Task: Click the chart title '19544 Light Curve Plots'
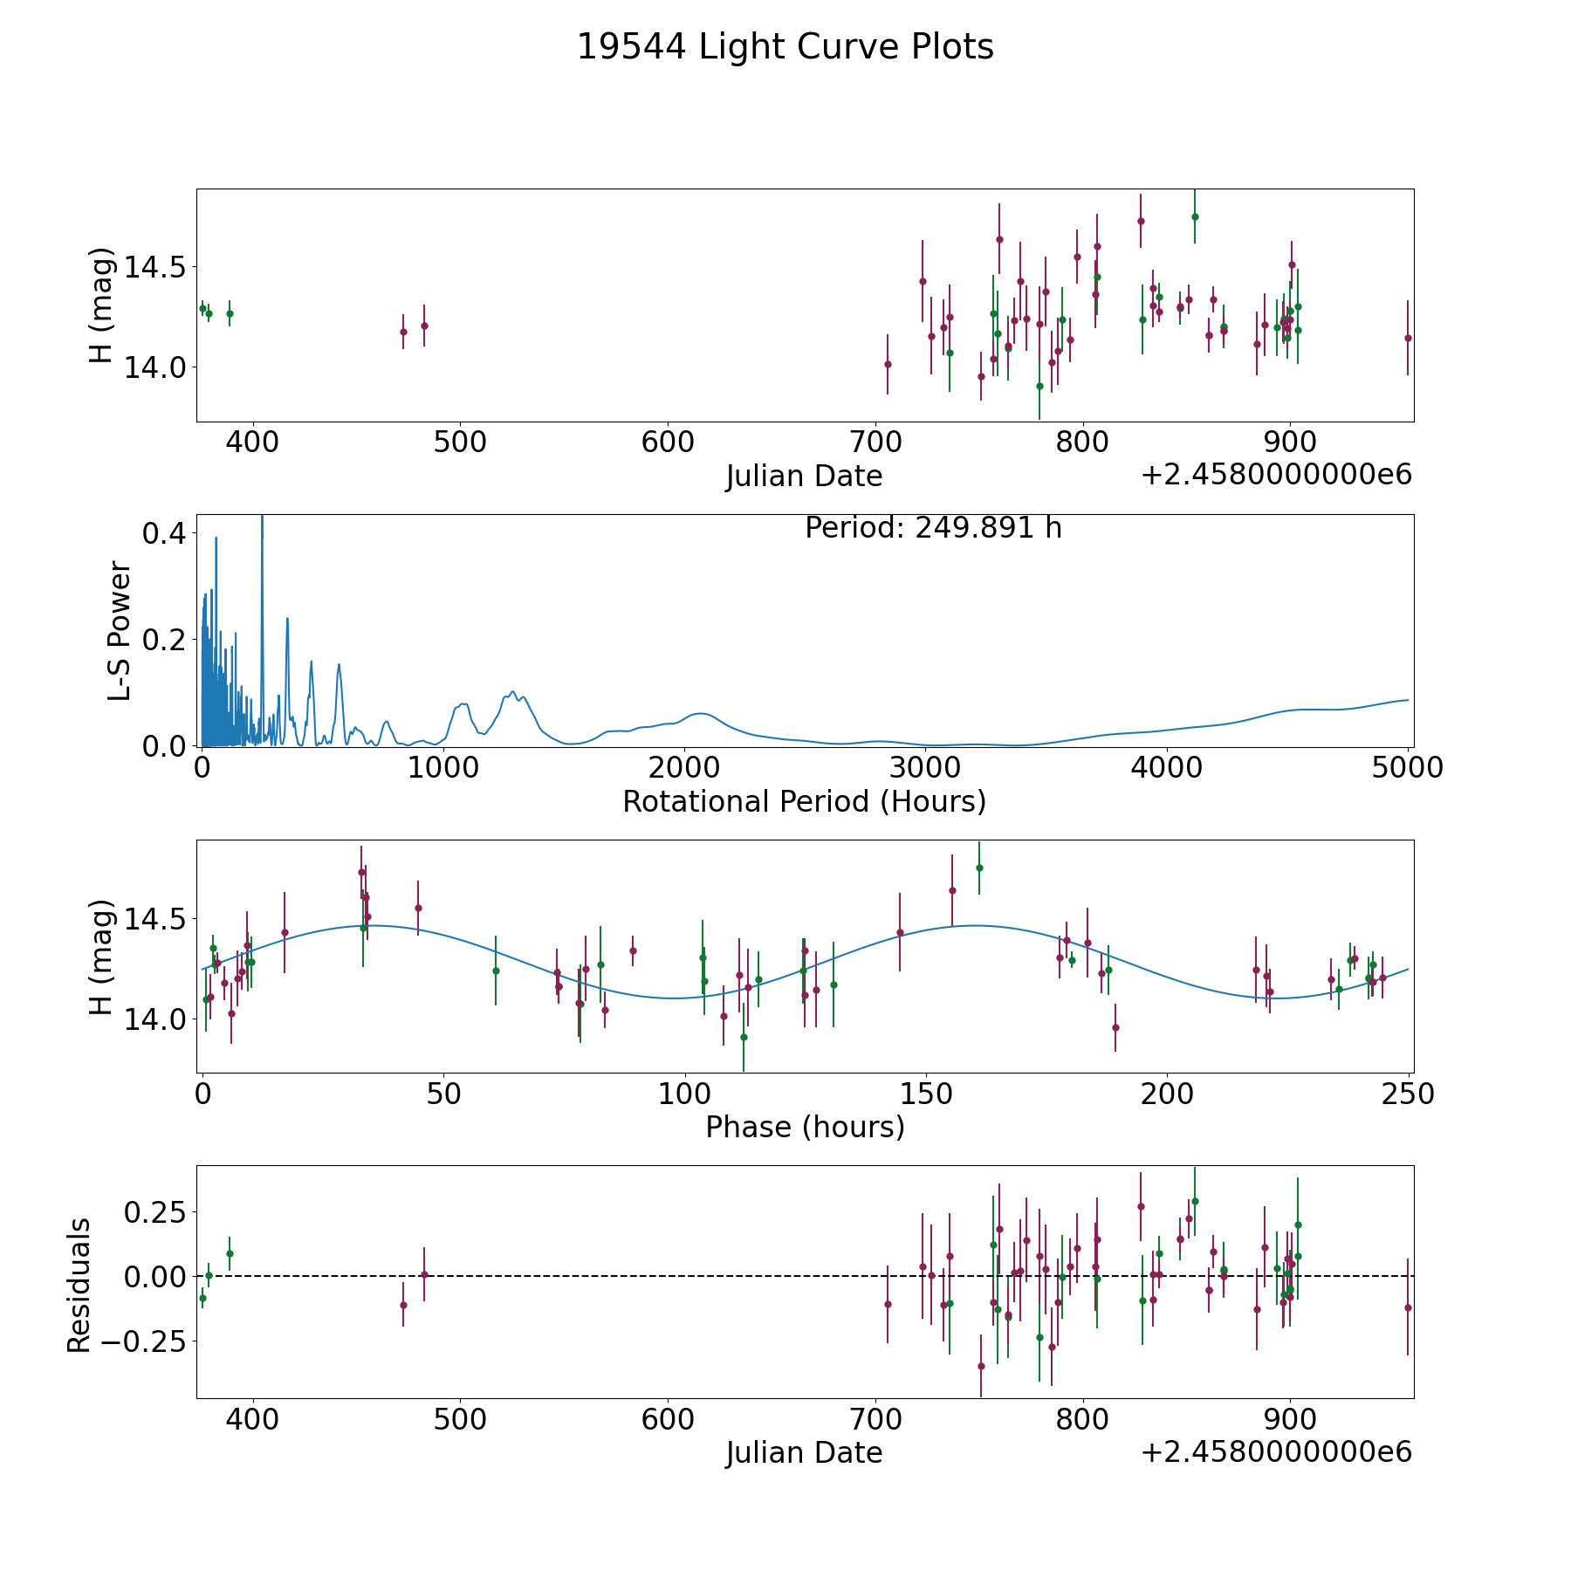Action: (x=785, y=47)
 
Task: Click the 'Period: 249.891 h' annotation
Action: (x=933, y=529)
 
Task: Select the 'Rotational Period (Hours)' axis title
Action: (x=804, y=801)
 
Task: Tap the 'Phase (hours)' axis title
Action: (x=805, y=1128)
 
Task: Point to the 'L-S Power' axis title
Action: (x=120, y=631)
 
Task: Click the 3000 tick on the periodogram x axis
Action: (x=925, y=767)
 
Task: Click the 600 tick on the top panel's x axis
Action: (x=668, y=442)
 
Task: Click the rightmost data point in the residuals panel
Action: (x=1407, y=1307)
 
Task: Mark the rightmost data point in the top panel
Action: (x=1407, y=338)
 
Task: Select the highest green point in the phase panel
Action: (x=979, y=868)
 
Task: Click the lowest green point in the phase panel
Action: (x=744, y=1037)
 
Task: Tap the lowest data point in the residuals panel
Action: (x=981, y=1366)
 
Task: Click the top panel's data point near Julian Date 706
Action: (x=888, y=364)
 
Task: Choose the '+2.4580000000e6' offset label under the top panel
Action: (x=1276, y=475)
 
